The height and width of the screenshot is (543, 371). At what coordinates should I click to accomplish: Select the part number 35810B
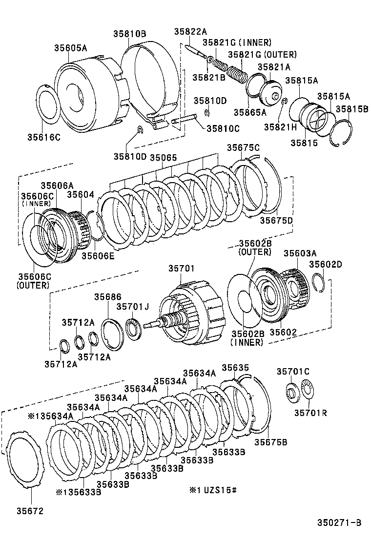tap(129, 34)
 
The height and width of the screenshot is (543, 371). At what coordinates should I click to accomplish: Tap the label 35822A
tap(190, 32)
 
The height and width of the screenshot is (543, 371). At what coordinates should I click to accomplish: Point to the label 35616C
tap(43, 137)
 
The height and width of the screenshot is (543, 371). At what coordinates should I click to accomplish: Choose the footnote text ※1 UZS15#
tap(213, 489)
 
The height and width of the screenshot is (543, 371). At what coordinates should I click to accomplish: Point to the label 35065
tap(163, 157)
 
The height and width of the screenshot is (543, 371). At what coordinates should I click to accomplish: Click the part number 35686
tap(108, 297)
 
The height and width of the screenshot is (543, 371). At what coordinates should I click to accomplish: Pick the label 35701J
tap(132, 306)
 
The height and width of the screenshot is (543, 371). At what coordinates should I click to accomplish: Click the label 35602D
tap(326, 264)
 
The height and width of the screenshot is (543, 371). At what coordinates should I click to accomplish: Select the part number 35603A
tap(300, 253)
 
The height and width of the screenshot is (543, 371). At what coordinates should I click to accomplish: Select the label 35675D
tap(276, 220)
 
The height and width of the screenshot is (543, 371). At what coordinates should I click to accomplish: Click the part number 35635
tap(235, 367)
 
